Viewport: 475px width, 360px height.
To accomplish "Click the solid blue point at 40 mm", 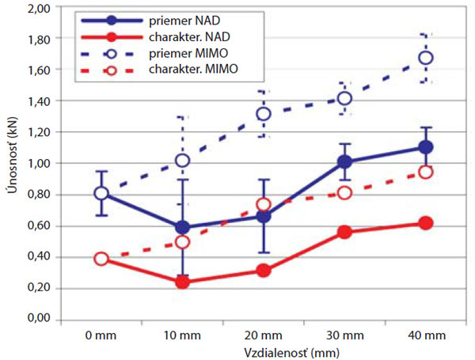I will [425, 147].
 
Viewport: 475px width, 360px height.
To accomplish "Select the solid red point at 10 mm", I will [182, 282].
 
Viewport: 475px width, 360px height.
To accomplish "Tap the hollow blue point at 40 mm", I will [425, 58].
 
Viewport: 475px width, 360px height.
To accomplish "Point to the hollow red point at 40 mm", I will [425, 172].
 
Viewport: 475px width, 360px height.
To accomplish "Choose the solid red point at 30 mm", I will [344, 232].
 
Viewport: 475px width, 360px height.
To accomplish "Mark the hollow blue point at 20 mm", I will [263, 114].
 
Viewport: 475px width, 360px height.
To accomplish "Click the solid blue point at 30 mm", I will [344, 162].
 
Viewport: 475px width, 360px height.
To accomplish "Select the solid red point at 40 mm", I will [425, 223].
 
